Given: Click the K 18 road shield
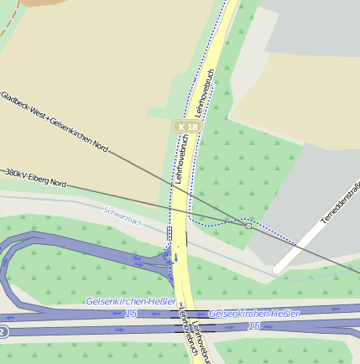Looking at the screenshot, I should click(188, 127).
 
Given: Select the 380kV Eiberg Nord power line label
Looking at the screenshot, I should click(35, 177).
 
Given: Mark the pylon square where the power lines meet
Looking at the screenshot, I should click(248, 226).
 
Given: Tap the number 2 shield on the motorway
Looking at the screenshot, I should click(3, 331).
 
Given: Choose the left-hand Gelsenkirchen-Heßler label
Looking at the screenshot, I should click(131, 301).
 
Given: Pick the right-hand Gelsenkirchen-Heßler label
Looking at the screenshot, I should click(253, 313).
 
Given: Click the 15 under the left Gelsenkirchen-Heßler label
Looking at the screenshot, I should click(131, 313).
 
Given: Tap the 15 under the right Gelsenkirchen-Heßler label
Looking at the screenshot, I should click(253, 325).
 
